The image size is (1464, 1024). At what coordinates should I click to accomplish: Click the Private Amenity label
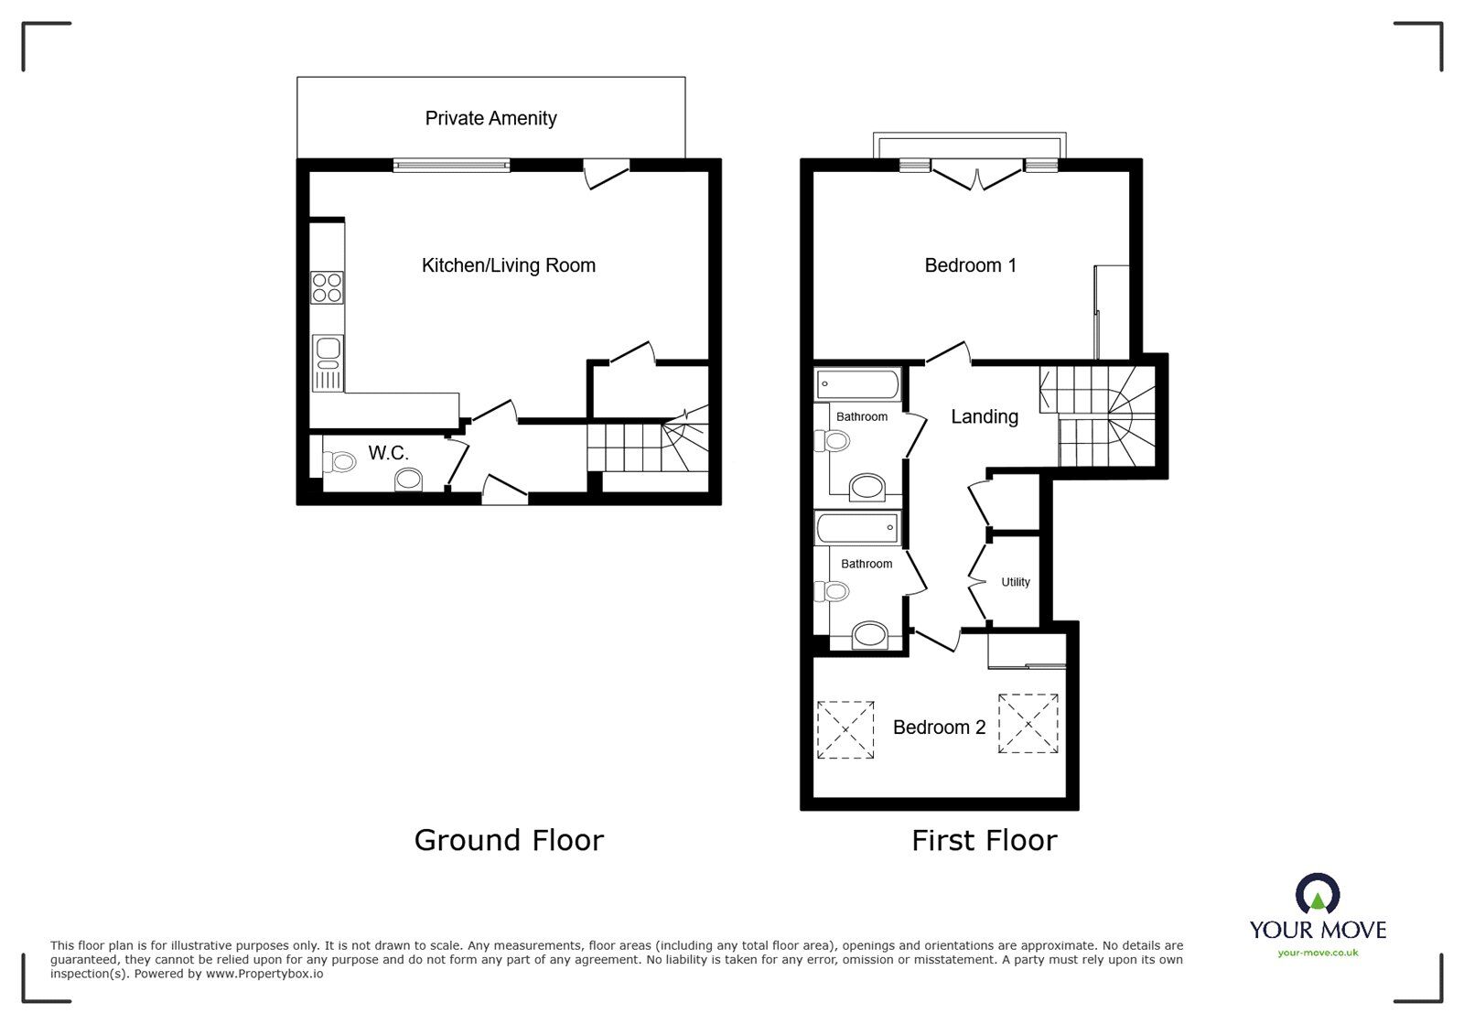(x=490, y=118)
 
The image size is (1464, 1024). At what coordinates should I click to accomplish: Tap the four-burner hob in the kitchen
(x=328, y=287)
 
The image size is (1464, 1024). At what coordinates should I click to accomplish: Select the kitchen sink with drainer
(x=328, y=361)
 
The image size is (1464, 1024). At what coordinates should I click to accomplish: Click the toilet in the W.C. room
(x=339, y=462)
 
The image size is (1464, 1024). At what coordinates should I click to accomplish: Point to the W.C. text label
(x=388, y=453)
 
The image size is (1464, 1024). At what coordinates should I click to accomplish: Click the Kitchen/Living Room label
(x=508, y=265)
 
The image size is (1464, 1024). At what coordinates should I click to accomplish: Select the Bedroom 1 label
(x=970, y=265)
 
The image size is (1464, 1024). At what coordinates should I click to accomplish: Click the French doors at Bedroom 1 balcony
(x=976, y=176)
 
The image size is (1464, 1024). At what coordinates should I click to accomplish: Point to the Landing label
(x=984, y=416)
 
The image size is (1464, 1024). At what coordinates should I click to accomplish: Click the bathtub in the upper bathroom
(x=857, y=383)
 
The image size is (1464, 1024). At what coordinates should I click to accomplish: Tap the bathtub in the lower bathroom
(x=857, y=528)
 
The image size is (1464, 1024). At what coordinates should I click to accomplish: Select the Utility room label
(x=1015, y=582)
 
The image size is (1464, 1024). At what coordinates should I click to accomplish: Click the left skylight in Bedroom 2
(x=845, y=729)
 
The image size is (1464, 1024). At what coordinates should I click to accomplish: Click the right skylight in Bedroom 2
(x=1028, y=723)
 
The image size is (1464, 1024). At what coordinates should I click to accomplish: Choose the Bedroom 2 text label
(x=939, y=728)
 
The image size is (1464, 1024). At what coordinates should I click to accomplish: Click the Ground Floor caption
(x=509, y=840)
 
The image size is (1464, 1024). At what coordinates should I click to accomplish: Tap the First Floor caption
(x=984, y=840)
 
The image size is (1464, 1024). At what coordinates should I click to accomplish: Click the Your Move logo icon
(x=1318, y=894)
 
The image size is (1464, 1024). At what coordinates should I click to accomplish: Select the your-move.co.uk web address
(x=1318, y=953)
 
